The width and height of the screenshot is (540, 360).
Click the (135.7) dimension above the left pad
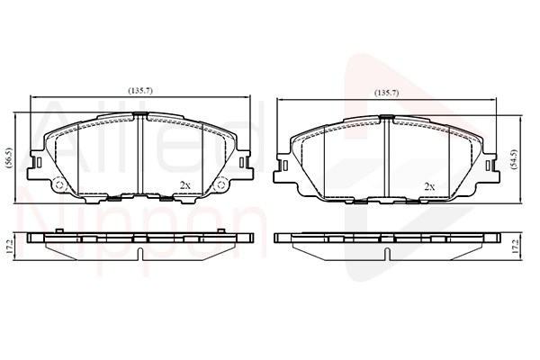[140, 91]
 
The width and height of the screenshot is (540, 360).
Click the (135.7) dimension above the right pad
[387, 93]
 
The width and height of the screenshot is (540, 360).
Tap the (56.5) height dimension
[9, 158]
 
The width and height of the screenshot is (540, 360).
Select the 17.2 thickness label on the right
[515, 247]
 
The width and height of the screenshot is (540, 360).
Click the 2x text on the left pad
[184, 185]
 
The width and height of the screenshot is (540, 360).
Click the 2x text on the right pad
[429, 186]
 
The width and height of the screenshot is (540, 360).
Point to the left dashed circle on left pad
[59, 185]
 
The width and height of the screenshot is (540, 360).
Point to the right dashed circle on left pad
[220, 185]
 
